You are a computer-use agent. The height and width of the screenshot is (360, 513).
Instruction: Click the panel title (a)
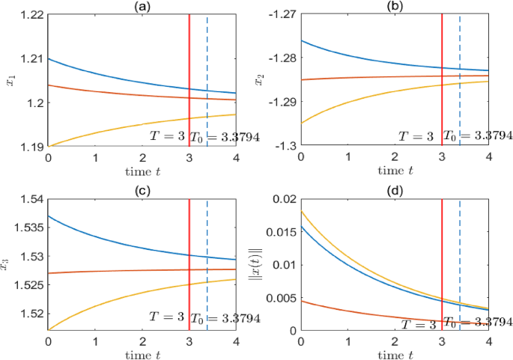click(x=142, y=6)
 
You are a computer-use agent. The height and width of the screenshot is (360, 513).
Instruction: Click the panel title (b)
click(x=394, y=6)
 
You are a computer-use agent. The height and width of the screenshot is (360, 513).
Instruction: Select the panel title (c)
click(x=142, y=191)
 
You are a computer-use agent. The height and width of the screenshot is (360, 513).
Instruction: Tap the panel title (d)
click(x=394, y=191)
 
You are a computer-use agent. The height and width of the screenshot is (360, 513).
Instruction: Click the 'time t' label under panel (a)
click(x=142, y=171)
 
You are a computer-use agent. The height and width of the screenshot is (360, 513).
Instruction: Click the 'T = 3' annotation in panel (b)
click(x=415, y=136)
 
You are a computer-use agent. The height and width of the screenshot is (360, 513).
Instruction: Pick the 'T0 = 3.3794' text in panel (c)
click(x=225, y=319)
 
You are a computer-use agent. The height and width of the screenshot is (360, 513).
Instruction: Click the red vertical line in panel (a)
click(x=189, y=75)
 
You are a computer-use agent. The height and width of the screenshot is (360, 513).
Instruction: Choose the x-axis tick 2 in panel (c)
click(x=142, y=341)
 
